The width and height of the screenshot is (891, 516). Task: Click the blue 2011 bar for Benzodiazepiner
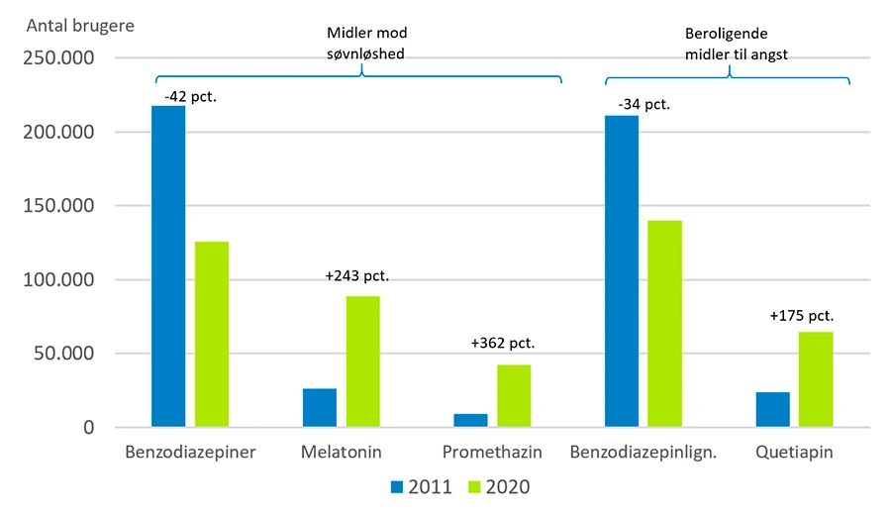(x=168, y=266)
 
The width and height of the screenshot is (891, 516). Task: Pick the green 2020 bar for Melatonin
(x=363, y=361)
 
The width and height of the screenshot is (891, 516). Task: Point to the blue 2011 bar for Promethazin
(x=470, y=421)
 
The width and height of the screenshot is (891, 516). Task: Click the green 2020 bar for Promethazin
(x=514, y=396)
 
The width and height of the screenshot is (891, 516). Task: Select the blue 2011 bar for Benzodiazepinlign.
(x=622, y=271)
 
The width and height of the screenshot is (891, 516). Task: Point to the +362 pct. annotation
(x=502, y=344)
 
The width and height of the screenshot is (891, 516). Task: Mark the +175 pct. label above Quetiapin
(x=801, y=317)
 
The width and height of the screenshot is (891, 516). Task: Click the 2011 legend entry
(x=422, y=486)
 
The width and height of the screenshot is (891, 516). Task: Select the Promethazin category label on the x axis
(x=492, y=453)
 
